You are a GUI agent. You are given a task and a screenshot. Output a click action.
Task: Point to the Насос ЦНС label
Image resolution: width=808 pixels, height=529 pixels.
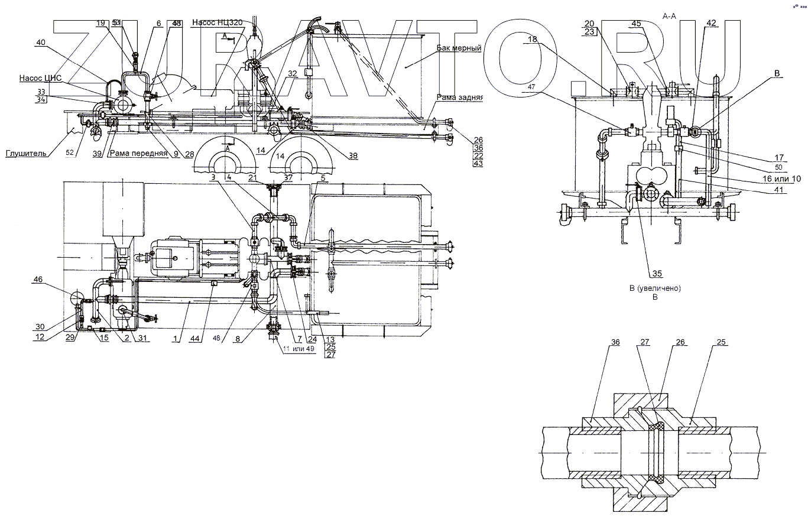point(40,78)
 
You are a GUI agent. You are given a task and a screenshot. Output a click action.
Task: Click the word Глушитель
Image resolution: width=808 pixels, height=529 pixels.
point(26,153)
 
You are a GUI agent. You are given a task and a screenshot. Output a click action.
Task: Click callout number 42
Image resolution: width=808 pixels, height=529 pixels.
point(711,23)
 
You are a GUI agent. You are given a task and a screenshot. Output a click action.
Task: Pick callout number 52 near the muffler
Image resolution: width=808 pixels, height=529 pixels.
point(70,153)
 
